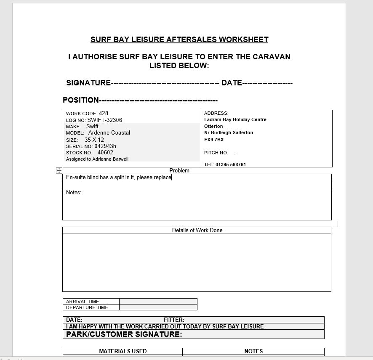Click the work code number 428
pyautogui.click(x=104, y=113)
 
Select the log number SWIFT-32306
pyautogui.click(x=105, y=120)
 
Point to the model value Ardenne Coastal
pyautogui.click(x=109, y=132)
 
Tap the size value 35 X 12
pyautogui.click(x=94, y=140)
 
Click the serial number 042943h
pyautogui.click(x=105, y=146)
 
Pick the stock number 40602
pyautogui.click(x=105, y=153)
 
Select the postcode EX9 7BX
pyautogui.click(x=214, y=140)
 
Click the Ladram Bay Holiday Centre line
pyautogui.click(x=235, y=119)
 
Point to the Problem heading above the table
pyautogui.click(x=179, y=170)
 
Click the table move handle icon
pyautogui.click(x=59, y=170)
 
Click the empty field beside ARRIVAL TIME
pyautogui.click(x=158, y=301)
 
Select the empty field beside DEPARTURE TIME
pyautogui.click(x=158, y=307)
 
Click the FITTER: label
pyautogui.click(x=174, y=320)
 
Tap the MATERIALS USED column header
pyautogui.click(x=123, y=351)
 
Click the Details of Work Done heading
pyautogui.click(x=197, y=230)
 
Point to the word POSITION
pyautogui.click(x=80, y=100)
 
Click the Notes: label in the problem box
pyautogui.click(x=74, y=193)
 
